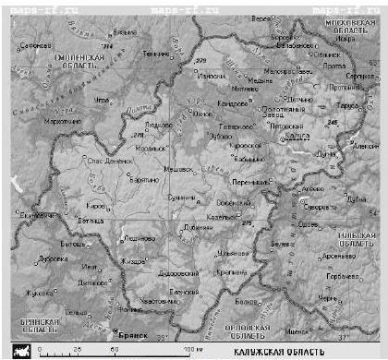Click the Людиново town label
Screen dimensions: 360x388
coord(139,237)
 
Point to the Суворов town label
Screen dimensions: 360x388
coord(318,208)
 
